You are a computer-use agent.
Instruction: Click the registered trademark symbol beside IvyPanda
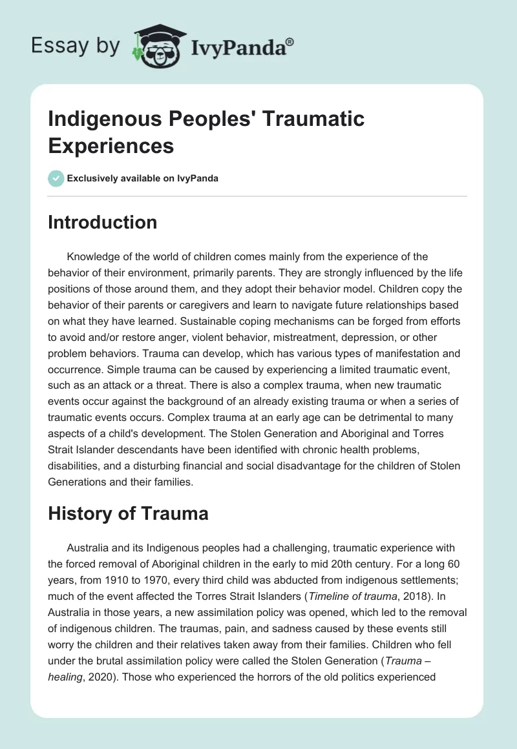click(x=290, y=42)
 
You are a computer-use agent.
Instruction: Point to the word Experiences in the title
click(x=111, y=146)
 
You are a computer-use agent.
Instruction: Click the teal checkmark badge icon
click(x=56, y=178)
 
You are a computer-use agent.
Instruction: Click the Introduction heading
click(x=103, y=222)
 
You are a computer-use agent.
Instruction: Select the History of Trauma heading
click(x=128, y=513)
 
